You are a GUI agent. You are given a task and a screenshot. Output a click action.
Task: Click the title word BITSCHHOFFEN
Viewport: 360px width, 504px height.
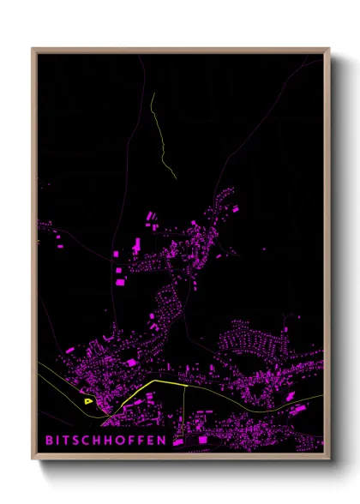pyautogui.click(x=106, y=440)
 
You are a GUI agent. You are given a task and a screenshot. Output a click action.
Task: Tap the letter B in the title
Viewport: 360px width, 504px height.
pyautogui.click(x=49, y=440)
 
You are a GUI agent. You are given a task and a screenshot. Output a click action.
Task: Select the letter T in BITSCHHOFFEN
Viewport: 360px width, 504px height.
pyautogui.click(x=69, y=440)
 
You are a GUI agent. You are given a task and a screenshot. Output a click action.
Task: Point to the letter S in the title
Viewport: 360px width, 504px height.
pyautogui.click(x=80, y=440)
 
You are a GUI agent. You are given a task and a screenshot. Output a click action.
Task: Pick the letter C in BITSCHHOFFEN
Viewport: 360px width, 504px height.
pyautogui.click(x=91, y=440)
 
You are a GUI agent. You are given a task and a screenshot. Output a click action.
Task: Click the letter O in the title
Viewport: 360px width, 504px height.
pyautogui.click(x=126, y=440)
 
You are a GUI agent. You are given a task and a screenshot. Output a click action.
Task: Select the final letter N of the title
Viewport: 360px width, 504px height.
pyautogui.click(x=166, y=440)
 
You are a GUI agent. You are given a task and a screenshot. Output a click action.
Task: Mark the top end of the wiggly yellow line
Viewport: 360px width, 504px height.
pyautogui.click(x=152, y=93)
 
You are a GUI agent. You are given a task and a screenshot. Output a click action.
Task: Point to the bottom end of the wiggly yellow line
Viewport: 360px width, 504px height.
pyautogui.click(x=175, y=177)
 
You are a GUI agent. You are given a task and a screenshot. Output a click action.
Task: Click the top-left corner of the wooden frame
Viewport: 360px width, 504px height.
pyautogui.click(x=33, y=49)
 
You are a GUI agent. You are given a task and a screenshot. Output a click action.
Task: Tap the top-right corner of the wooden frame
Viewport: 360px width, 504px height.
pyautogui.click(x=329, y=49)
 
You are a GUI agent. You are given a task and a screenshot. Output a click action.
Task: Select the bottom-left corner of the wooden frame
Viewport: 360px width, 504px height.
pyautogui.click(x=33, y=453)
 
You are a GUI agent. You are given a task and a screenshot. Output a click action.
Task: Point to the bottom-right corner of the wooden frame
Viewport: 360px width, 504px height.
pyautogui.click(x=329, y=453)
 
